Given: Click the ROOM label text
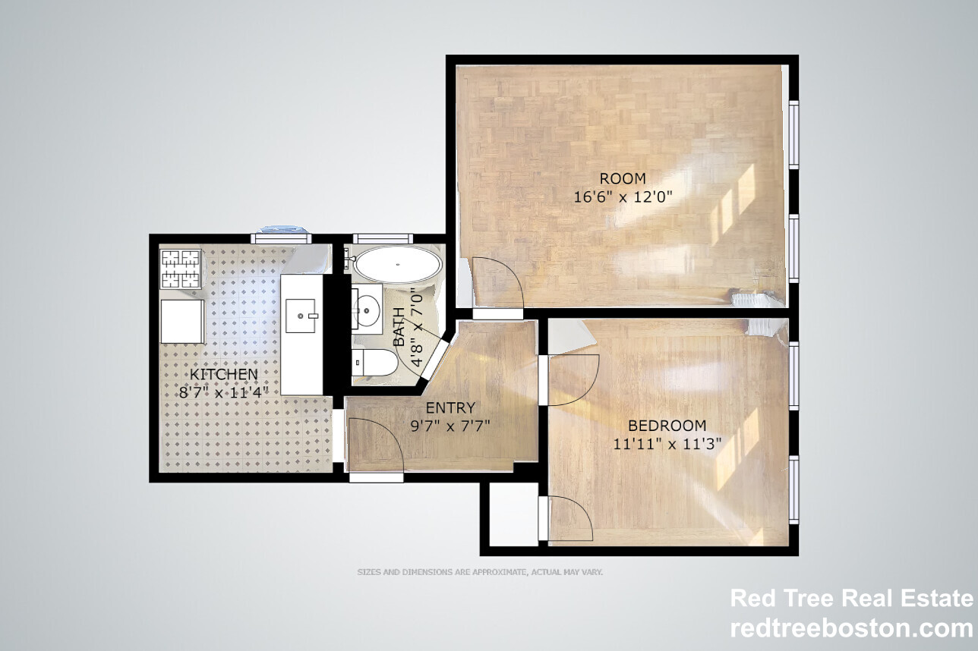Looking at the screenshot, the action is tap(623, 178).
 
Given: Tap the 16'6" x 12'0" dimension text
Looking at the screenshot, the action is tap(623, 197).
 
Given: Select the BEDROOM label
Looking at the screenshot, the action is tap(667, 426).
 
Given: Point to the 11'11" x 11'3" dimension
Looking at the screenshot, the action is tap(667, 444).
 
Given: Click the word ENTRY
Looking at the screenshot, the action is tap(450, 408).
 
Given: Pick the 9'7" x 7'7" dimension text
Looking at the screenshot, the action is tap(450, 426).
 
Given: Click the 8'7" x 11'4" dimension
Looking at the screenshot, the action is tap(223, 392).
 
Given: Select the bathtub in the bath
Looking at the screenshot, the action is tap(397, 264).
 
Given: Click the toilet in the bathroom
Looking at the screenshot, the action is tap(374, 362).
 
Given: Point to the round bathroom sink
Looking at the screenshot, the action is tap(366, 310).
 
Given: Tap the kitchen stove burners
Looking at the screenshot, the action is tap(181, 269).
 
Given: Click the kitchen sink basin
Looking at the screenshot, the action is tap(301, 316).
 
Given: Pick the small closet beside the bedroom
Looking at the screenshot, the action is tap(513, 514).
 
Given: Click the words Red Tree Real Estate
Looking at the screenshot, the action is tap(852, 598).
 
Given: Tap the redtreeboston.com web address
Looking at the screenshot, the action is tap(852, 628).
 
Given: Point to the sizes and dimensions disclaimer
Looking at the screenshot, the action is tap(480, 571).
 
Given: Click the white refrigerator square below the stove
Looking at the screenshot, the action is tap(182, 321).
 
